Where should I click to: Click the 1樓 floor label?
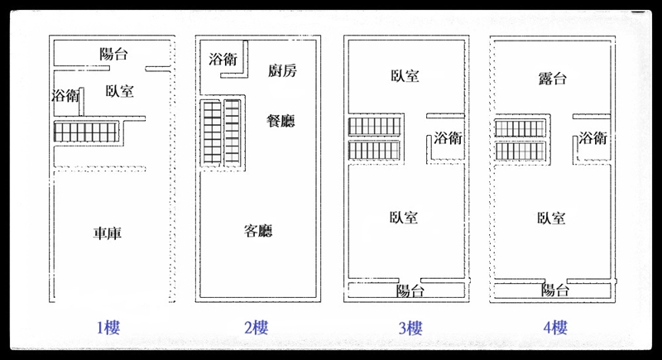(x=109, y=328)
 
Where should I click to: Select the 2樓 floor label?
(x=256, y=328)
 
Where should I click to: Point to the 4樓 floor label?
(x=556, y=328)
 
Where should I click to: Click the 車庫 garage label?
(x=108, y=234)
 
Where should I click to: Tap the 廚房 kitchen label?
(x=281, y=71)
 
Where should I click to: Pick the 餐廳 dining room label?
(x=281, y=121)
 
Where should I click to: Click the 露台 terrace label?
(x=552, y=79)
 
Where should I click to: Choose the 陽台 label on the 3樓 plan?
(x=410, y=290)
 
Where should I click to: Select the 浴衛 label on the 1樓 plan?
(x=65, y=95)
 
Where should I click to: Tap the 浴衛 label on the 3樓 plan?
(x=448, y=138)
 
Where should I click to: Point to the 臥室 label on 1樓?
(x=120, y=91)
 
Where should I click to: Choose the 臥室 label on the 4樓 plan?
(x=551, y=218)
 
